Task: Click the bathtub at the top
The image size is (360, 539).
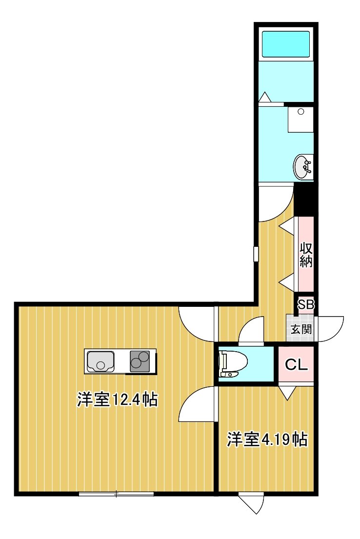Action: (286, 44)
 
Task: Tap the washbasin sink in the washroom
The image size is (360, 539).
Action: (303, 167)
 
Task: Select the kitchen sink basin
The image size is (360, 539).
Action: (100, 361)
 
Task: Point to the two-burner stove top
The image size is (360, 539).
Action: (140, 361)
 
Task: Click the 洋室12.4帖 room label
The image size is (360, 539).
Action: (117, 400)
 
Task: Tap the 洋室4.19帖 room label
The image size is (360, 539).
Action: (267, 439)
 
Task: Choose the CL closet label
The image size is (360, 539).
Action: (296, 365)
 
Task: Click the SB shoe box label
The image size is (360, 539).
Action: (306, 304)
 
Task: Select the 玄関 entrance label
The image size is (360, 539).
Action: (301, 329)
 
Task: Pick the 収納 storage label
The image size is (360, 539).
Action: (306, 255)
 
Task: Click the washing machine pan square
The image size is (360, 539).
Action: (301, 120)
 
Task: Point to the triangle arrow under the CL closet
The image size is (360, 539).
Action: (287, 392)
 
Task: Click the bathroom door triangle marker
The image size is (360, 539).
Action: (265, 97)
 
